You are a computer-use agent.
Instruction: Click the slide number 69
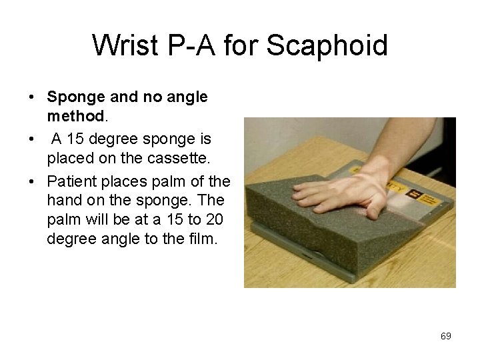[446, 336]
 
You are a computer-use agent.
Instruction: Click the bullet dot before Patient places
[32, 181]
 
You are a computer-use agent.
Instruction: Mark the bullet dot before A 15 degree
[32, 139]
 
